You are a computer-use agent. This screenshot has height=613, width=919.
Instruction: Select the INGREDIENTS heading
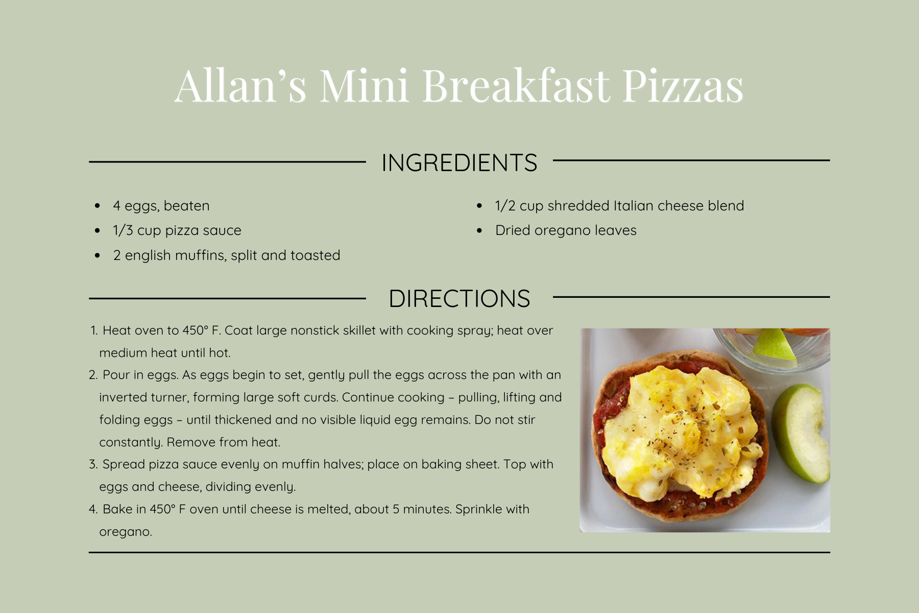[459, 163]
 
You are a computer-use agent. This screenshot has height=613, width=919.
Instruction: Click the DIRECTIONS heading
[459, 299]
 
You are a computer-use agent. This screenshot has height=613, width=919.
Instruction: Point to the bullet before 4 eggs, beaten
[98, 206]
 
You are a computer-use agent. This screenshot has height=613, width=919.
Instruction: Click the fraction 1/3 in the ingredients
[123, 230]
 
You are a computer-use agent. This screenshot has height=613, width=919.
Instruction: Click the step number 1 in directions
[94, 331]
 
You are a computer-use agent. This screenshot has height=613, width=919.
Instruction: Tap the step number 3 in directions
[93, 465]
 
